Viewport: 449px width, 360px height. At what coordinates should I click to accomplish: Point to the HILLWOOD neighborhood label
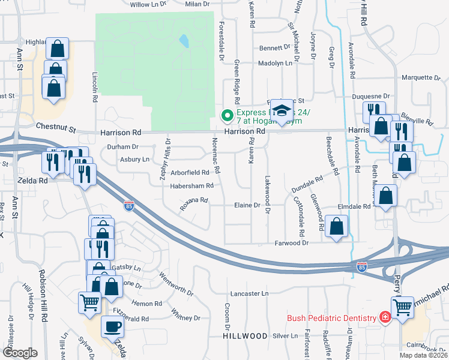(x=245, y=337)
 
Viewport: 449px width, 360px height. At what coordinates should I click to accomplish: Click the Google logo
(x=20, y=352)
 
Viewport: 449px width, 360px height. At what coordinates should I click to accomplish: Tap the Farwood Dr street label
(x=291, y=243)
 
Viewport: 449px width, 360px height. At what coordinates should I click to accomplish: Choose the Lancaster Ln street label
(x=249, y=293)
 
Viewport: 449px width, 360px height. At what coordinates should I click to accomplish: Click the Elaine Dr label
(x=247, y=205)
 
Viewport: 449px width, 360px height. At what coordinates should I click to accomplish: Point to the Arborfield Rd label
(x=189, y=173)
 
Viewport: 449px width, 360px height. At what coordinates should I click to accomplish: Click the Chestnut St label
(x=57, y=127)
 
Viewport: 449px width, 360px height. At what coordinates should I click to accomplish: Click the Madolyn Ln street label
(x=275, y=63)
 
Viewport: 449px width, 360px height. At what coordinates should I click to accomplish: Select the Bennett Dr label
(x=274, y=48)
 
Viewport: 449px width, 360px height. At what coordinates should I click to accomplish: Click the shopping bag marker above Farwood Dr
(x=337, y=226)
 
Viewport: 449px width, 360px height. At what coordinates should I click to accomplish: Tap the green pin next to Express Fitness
(x=228, y=114)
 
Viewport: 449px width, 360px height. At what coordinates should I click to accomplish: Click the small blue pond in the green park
(x=183, y=41)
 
